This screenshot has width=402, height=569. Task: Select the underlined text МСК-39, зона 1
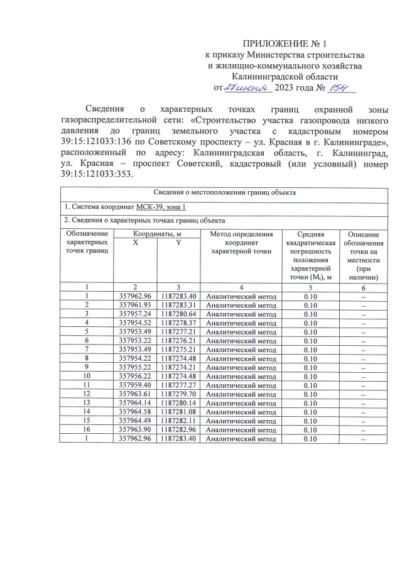pos(161,207)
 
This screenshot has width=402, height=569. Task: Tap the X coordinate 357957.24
pos(136,314)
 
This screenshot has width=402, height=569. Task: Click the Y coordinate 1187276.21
pos(178,341)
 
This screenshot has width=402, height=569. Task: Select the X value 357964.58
pos(136,412)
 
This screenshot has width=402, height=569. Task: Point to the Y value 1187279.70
pos(178,394)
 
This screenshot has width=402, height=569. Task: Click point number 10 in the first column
pos(86,377)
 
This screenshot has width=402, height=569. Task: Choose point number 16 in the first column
pos(86,430)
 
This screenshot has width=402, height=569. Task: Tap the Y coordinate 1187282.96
pos(178,430)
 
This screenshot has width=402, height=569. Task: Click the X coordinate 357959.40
pos(136,385)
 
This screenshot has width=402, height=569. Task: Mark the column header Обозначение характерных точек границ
pos(86,243)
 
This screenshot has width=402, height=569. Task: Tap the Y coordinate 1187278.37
pos(178,323)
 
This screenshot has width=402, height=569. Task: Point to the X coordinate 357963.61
pos(136,394)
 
